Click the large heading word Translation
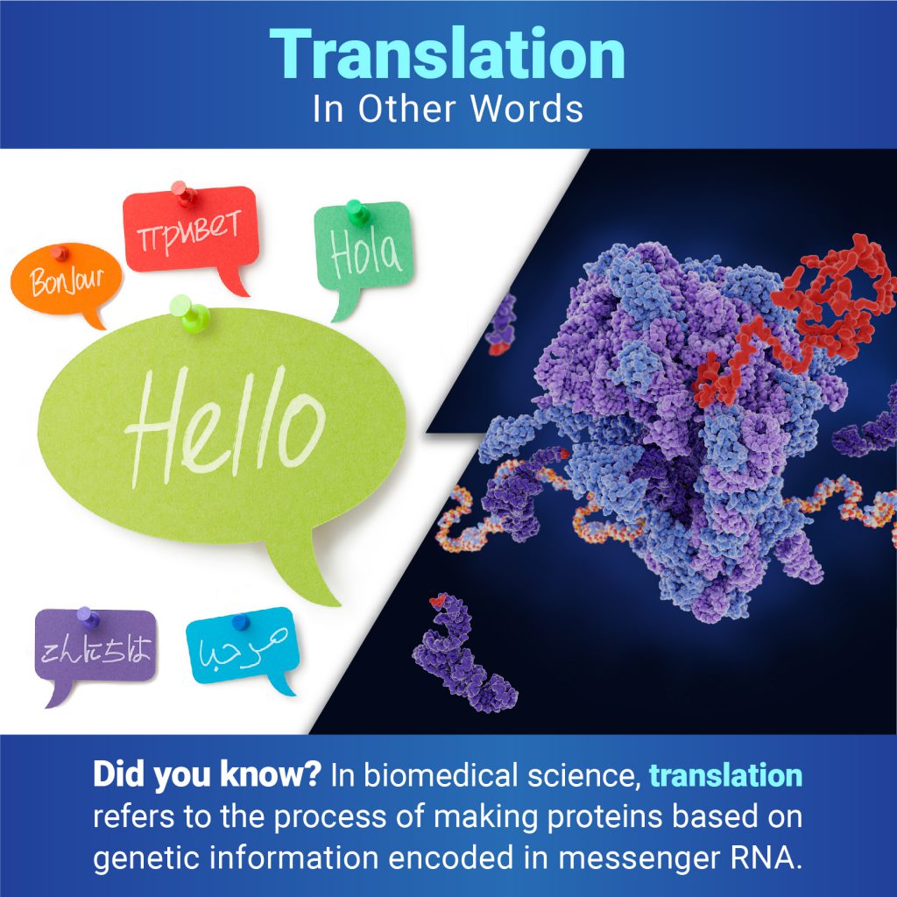448,53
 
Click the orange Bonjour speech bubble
66,280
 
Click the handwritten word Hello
225,427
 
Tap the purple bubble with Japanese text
95,649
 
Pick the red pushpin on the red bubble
183,193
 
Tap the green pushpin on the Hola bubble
357,212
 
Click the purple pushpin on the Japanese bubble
88,618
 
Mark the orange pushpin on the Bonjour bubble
59,252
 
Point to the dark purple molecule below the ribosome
463,652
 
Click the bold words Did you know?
207,774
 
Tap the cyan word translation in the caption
725,776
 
